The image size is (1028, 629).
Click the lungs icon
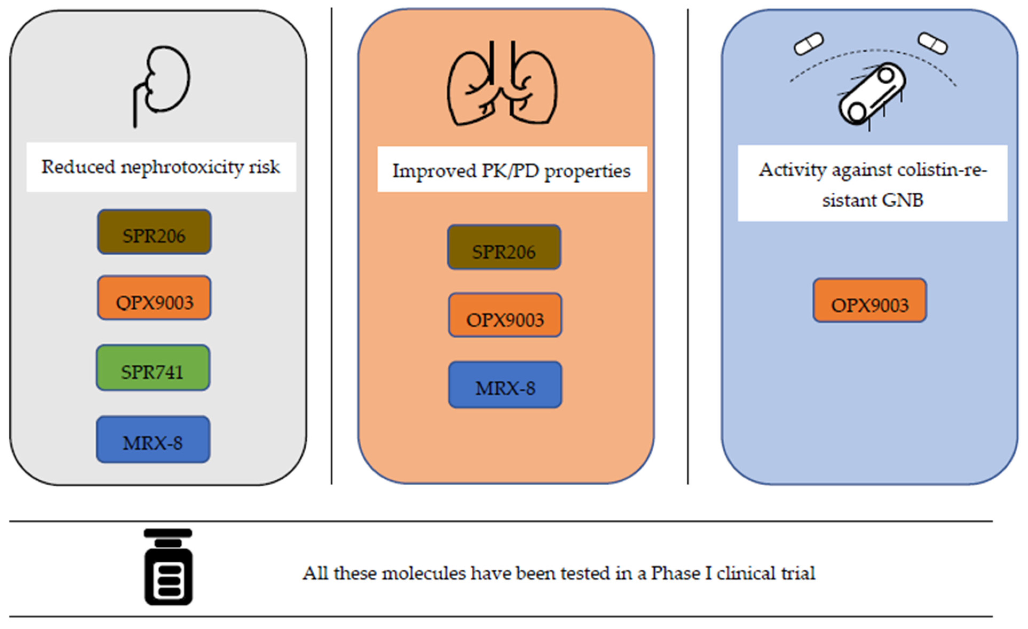[502, 86]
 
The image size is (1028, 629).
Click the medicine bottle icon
[168, 567]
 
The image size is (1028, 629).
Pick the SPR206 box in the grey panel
[154, 232]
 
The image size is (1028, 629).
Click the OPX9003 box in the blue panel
[870, 301]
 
